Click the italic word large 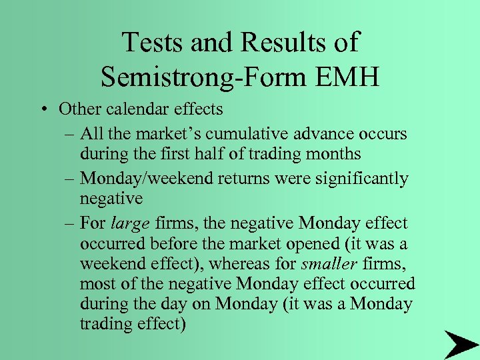click(130, 223)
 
